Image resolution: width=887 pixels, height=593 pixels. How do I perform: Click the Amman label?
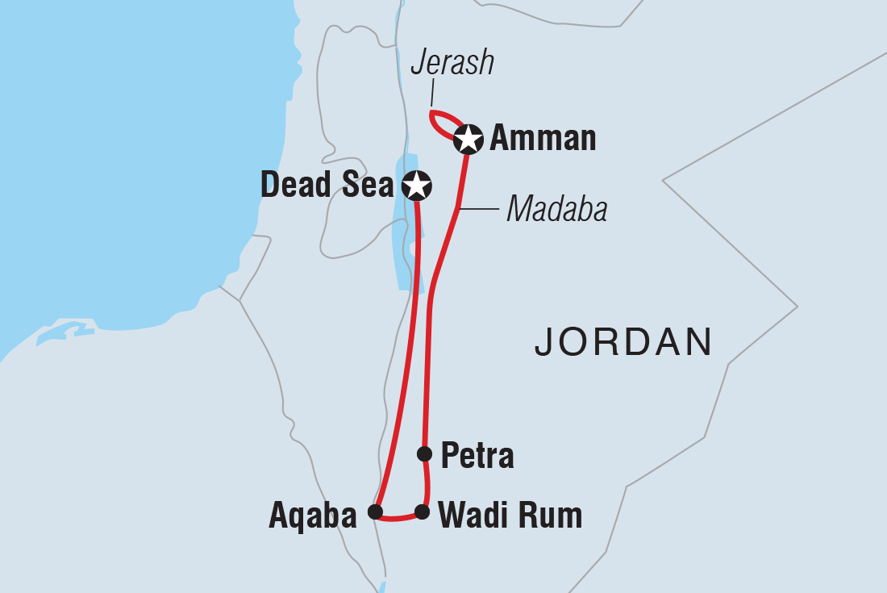tap(543, 139)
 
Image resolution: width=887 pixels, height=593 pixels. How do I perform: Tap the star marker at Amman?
tap(468, 139)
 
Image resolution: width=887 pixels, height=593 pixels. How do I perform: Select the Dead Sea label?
tap(327, 186)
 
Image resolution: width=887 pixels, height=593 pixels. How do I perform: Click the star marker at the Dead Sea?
tap(416, 186)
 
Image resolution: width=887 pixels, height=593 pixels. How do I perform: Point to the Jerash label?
tap(452, 63)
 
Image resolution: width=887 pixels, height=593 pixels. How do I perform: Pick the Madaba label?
tap(556, 211)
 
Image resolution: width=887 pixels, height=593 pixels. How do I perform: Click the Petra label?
tap(477, 457)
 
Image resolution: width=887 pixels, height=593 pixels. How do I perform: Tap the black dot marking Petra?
tap(424, 453)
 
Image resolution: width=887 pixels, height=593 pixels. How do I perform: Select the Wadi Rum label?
tap(509, 515)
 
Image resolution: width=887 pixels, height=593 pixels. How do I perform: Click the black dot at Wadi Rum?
tap(422, 512)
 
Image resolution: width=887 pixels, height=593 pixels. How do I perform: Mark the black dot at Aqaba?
tap(374, 512)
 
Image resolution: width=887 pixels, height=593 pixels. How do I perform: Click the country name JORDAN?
tap(623, 342)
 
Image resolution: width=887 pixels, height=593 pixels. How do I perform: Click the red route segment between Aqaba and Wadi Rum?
tap(398, 517)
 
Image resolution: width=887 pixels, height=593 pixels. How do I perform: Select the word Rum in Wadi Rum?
tap(554, 515)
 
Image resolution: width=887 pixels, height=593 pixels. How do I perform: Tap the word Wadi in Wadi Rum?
tap(478, 515)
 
